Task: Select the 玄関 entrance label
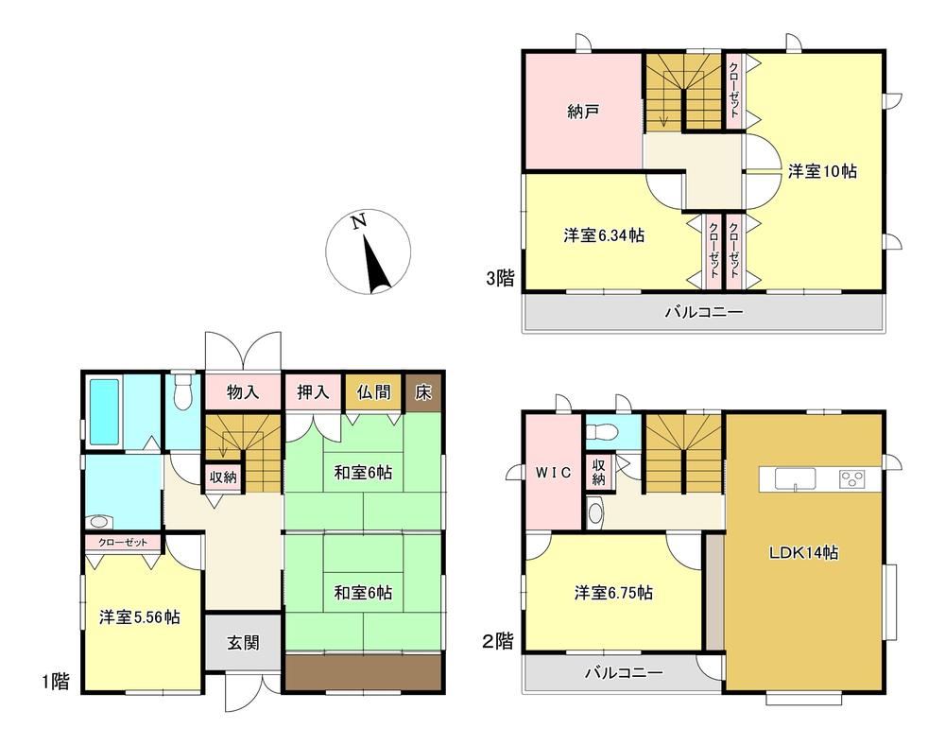coord(244,642)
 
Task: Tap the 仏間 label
coord(373,392)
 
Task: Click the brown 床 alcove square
coord(423,392)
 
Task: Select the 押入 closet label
coord(314,392)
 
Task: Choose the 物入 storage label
coord(243,392)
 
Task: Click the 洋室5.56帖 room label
coord(140,617)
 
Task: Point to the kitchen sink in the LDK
coord(796,479)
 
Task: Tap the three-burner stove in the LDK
coord(851,479)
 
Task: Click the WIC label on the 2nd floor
coord(553,472)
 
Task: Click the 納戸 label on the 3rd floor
coord(583,112)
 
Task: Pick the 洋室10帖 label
coord(822,171)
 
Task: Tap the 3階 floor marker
coord(501,278)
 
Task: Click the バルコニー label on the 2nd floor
coord(624,672)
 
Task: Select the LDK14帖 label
coord(804,552)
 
